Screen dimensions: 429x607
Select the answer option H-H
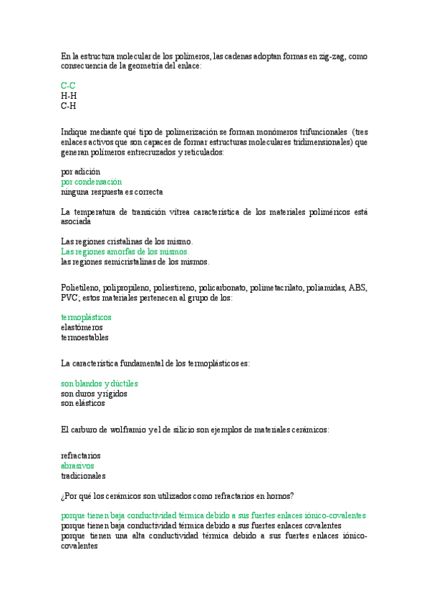click(x=69, y=95)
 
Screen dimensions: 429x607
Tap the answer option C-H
click(x=69, y=106)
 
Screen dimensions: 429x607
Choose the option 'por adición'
click(x=81, y=172)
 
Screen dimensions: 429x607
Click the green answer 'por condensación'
click(x=92, y=182)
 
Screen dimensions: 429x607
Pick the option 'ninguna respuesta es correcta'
click(x=112, y=192)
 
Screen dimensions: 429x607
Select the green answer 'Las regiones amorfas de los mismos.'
click(x=125, y=252)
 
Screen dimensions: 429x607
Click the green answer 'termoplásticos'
click(x=87, y=317)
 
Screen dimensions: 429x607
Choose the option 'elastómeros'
click(x=82, y=327)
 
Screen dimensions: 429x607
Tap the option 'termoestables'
click(x=85, y=337)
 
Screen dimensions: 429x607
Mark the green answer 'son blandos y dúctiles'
click(x=100, y=384)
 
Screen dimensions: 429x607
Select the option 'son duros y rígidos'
click(x=95, y=394)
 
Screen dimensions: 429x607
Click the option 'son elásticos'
click(x=83, y=404)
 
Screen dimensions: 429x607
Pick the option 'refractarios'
click(x=81, y=455)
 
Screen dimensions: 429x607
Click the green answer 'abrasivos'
click(x=78, y=465)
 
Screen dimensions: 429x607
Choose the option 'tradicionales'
click(x=83, y=475)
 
